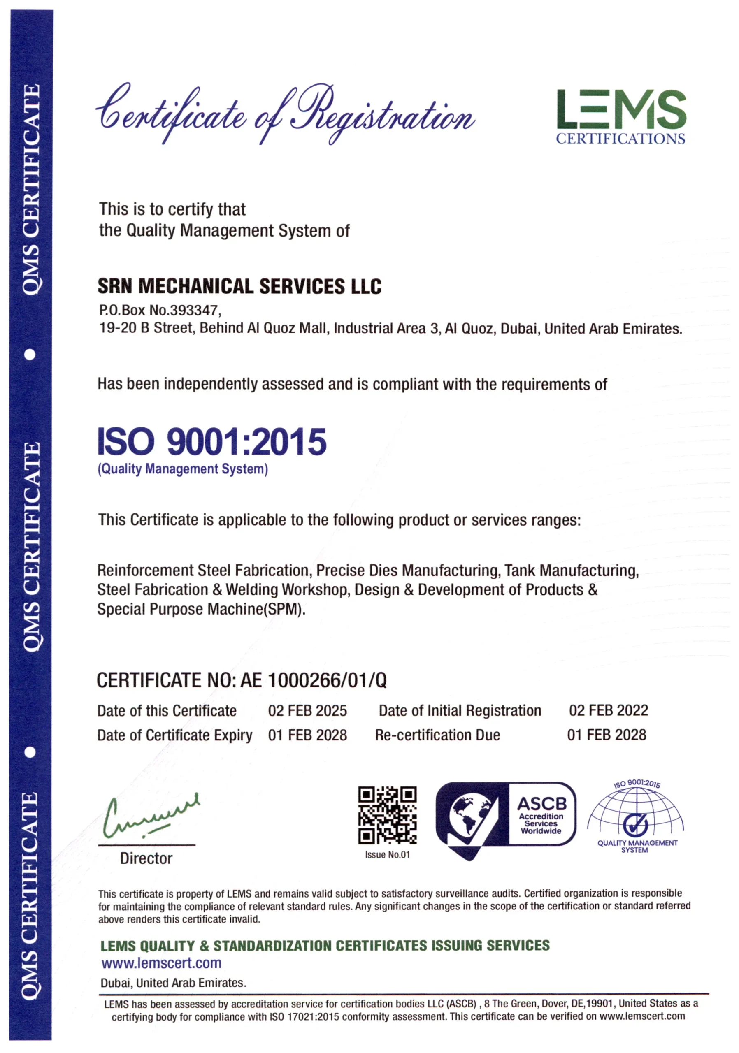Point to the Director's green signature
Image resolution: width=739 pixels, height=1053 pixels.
(x=149, y=815)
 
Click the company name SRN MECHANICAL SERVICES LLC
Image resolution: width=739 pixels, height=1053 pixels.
(x=239, y=286)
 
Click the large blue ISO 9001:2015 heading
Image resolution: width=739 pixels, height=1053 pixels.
(x=211, y=441)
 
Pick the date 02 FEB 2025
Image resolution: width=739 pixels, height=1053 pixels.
(x=307, y=710)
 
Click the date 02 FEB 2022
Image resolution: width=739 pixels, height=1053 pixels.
(x=608, y=710)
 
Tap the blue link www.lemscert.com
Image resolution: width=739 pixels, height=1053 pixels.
(x=161, y=963)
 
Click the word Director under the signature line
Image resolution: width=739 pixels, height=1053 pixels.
(x=146, y=858)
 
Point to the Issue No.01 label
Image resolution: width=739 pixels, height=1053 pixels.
(x=387, y=854)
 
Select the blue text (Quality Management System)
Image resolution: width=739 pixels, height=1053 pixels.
(x=183, y=469)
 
